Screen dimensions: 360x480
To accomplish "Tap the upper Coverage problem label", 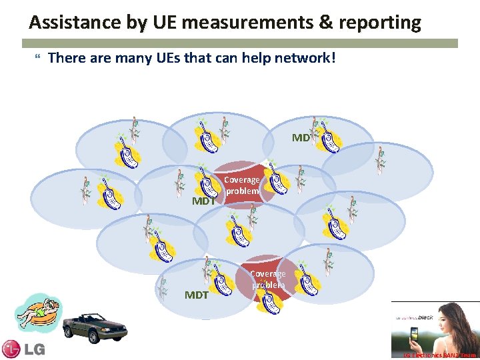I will pyautogui.click(x=241, y=185).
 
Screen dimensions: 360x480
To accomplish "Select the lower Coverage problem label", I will pyautogui.click(x=267, y=279).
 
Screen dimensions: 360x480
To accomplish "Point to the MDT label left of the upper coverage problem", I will pyautogui.click(x=203, y=201).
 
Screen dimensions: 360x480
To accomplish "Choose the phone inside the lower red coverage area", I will pyautogui.click(x=271, y=301).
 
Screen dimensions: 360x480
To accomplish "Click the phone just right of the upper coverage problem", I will pyautogui.click(x=278, y=180).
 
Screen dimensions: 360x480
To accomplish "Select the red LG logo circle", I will pyautogui.click(x=11, y=349).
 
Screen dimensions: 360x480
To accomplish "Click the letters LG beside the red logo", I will pyautogui.click(x=34, y=349).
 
